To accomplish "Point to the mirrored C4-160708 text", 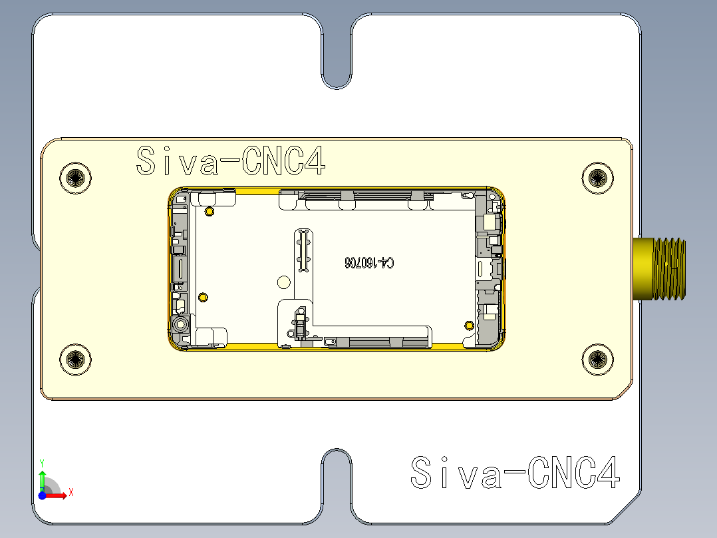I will (x=369, y=263).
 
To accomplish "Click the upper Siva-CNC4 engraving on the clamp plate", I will (x=231, y=161).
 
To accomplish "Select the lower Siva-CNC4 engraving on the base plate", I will (x=515, y=473).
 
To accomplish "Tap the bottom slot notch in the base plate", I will (x=337, y=486).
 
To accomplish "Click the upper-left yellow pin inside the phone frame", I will (x=210, y=212).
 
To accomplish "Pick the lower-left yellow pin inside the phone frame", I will (x=204, y=296).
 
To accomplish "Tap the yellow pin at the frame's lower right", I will (x=469, y=325).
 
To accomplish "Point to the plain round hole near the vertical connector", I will (x=284, y=282).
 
